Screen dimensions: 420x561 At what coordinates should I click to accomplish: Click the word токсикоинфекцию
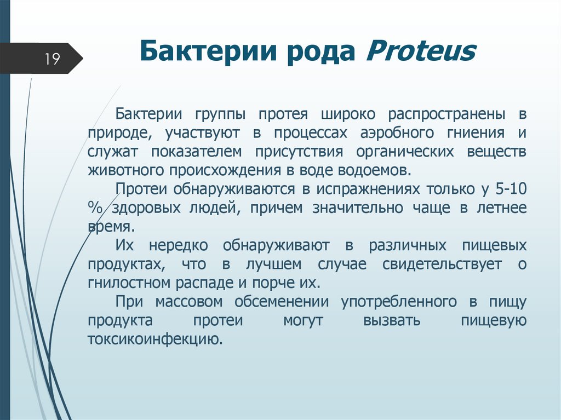pyautogui.click(x=154, y=339)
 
